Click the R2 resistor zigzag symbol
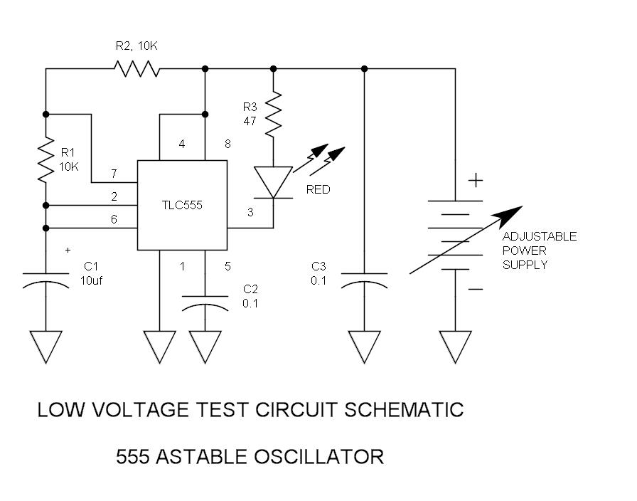click(x=137, y=69)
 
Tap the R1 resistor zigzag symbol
click(x=46, y=159)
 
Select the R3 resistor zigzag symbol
click(x=274, y=114)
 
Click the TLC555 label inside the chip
click(x=182, y=205)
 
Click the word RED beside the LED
click(x=318, y=189)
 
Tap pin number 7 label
click(x=114, y=174)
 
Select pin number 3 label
click(x=250, y=212)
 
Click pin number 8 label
click(x=227, y=144)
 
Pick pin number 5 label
click(x=227, y=266)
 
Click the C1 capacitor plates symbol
click(x=46, y=280)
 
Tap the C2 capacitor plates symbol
click(x=205, y=304)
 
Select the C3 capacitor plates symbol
click(x=365, y=280)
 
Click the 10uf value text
click(x=91, y=280)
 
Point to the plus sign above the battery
click(x=476, y=180)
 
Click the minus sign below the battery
click(x=476, y=289)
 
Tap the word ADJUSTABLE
click(x=540, y=236)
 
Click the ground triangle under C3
click(x=365, y=347)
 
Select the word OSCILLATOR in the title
click(x=319, y=457)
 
